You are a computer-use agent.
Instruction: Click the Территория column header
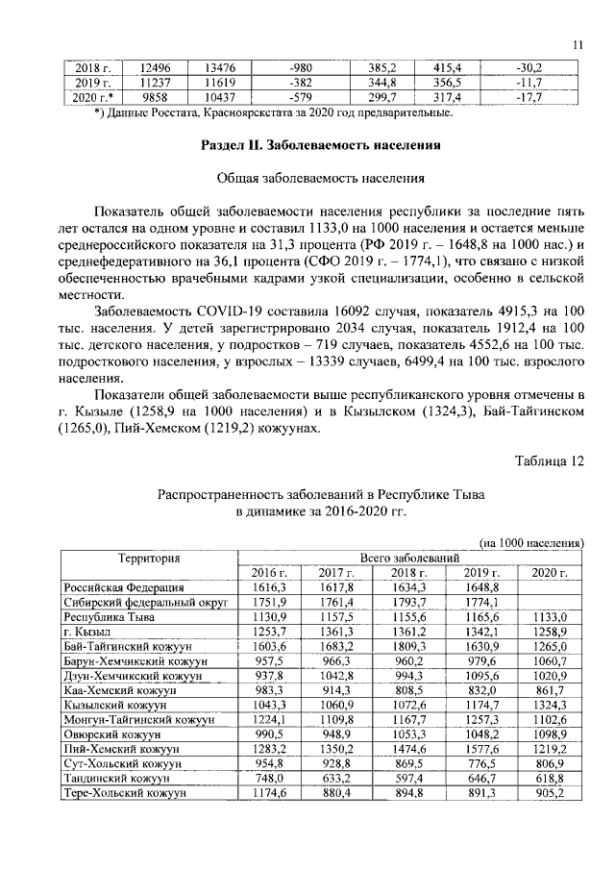(149, 558)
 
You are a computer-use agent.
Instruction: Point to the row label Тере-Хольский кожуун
(124, 793)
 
